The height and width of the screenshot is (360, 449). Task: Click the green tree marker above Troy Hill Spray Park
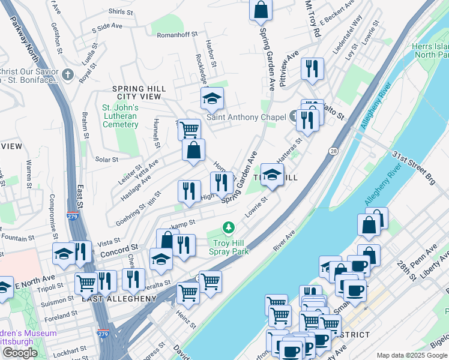[x=228, y=227]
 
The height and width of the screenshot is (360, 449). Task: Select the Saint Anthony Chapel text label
[x=246, y=117]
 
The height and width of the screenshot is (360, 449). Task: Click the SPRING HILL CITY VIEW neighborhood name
[x=139, y=92]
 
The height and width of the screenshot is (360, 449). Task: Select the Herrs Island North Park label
[x=430, y=50]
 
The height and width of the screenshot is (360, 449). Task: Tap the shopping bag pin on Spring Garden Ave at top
[x=261, y=10]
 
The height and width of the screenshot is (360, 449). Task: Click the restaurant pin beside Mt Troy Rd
[x=312, y=69]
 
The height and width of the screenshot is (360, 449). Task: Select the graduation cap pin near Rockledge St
[x=211, y=98]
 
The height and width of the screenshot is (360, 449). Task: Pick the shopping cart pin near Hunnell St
[x=189, y=129]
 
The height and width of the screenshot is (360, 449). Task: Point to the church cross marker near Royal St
[x=67, y=75]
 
